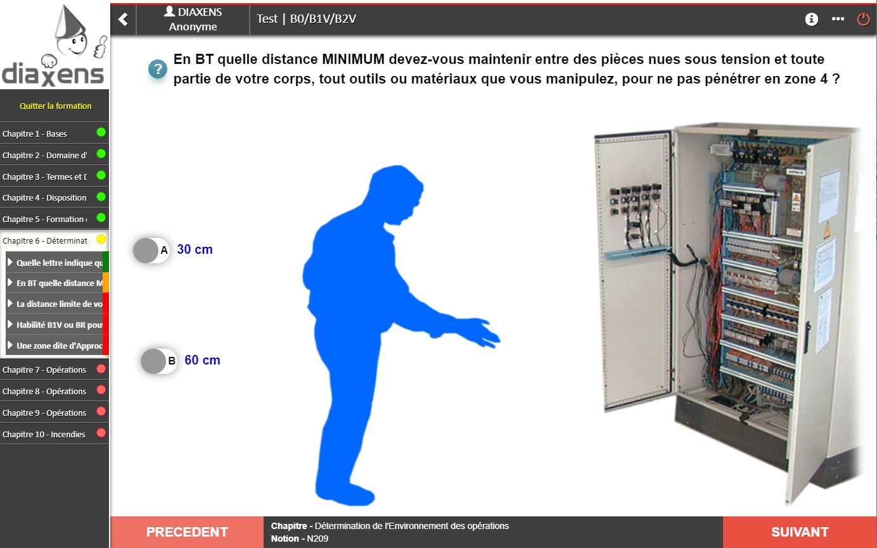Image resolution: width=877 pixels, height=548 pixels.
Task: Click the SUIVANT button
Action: [x=799, y=532]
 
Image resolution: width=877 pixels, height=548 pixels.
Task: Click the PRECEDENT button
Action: [x=187, y=532]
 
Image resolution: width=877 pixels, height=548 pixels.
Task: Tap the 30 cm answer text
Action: [x=195, y=250]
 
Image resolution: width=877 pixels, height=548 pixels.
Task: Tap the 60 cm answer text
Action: [x=202, y=361]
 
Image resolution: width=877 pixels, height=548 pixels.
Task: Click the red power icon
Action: [x=863, y=19]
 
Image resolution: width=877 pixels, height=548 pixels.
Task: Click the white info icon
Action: [x=811, y=19]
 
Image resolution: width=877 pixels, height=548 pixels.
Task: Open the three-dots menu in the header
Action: [x=838, y=19]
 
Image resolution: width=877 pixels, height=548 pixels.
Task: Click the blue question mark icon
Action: [x=157, y=69]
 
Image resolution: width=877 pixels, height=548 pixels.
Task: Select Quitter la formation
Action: [x=55, y=106]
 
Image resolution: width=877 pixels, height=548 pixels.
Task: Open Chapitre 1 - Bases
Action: [x=35, y=134]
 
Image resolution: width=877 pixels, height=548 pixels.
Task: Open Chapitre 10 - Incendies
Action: [x=44, y=434]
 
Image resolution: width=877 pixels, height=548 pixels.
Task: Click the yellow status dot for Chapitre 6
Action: [x=101, y=239]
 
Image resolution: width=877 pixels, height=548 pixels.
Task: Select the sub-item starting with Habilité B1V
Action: [x=56, y=325]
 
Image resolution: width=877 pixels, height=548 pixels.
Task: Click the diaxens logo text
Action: [x=53, y=73]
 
